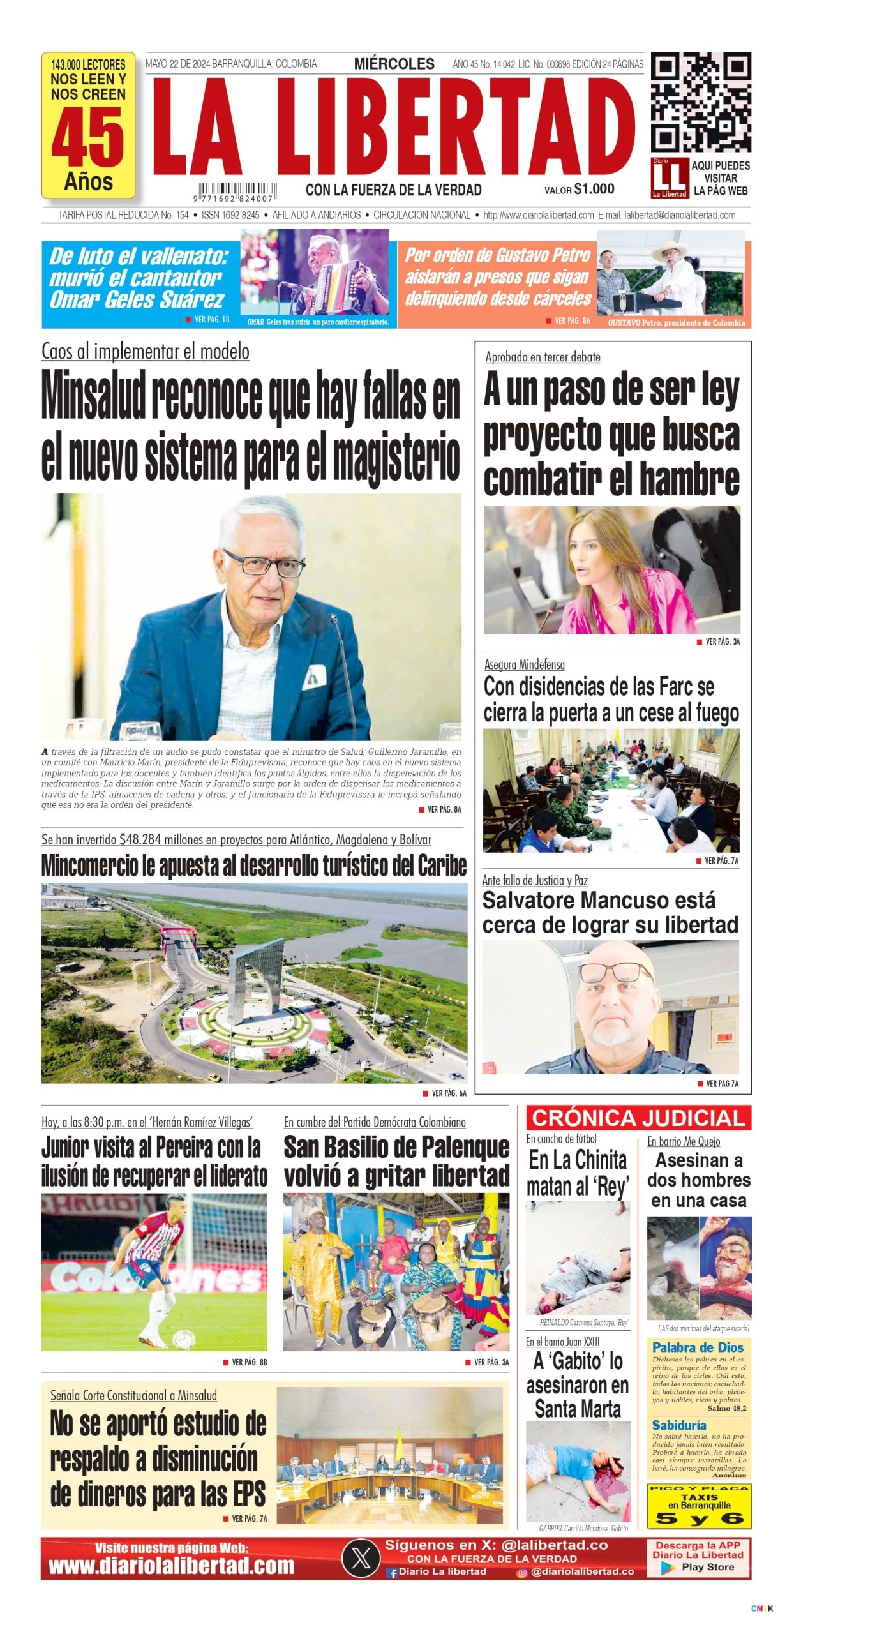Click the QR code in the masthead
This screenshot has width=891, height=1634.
point(700,102)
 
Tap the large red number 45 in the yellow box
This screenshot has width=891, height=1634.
point(88,137)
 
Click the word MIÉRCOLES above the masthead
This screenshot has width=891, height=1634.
point(394,64)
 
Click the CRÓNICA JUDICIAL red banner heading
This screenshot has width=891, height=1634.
point(638,1118)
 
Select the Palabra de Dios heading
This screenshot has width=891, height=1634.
point(697,1347)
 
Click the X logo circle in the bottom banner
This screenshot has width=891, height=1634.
point(361,1558)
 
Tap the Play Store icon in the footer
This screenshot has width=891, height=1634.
point(668,1567)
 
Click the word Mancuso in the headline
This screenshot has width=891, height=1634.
point(631,901)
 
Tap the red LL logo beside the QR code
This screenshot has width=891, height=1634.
point(669,177)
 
